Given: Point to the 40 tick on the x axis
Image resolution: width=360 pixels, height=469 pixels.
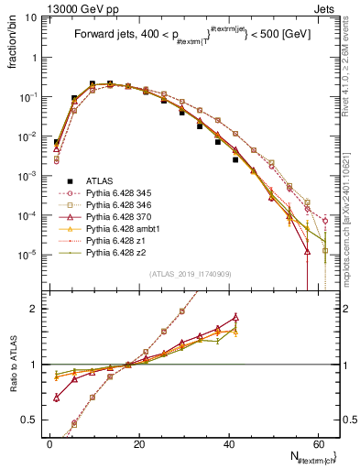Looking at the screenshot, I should pyautogui.click(x=227, y=443).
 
